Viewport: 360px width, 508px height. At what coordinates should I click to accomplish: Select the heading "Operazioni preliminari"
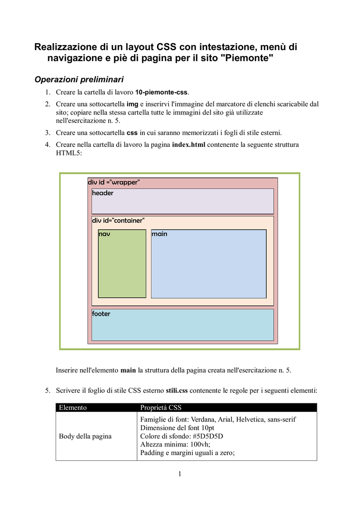78,79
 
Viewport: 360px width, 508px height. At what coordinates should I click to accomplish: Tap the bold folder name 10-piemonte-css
161,92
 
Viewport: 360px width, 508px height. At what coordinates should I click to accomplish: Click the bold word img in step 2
132,104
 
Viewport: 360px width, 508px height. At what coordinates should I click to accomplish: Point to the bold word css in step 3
132,132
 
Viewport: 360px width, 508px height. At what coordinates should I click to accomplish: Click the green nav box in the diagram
122,265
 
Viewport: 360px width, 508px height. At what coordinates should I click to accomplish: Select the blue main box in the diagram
209,265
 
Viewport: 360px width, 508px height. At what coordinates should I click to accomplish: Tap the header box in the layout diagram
182,201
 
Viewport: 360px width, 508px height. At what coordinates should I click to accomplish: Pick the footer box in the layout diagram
182,325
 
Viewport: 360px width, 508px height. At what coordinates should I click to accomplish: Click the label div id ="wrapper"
114,182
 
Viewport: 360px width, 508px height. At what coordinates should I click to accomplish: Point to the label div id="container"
118,220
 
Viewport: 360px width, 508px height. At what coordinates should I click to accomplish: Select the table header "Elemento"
73,408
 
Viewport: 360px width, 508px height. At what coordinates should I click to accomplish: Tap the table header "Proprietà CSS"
161,408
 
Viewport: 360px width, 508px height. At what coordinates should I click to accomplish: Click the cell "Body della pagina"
85,437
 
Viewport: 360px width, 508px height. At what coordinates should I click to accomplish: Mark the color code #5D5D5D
206,437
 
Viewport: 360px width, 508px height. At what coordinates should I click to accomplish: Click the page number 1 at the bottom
180,474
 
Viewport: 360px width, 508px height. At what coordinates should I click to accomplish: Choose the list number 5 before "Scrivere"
47,391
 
